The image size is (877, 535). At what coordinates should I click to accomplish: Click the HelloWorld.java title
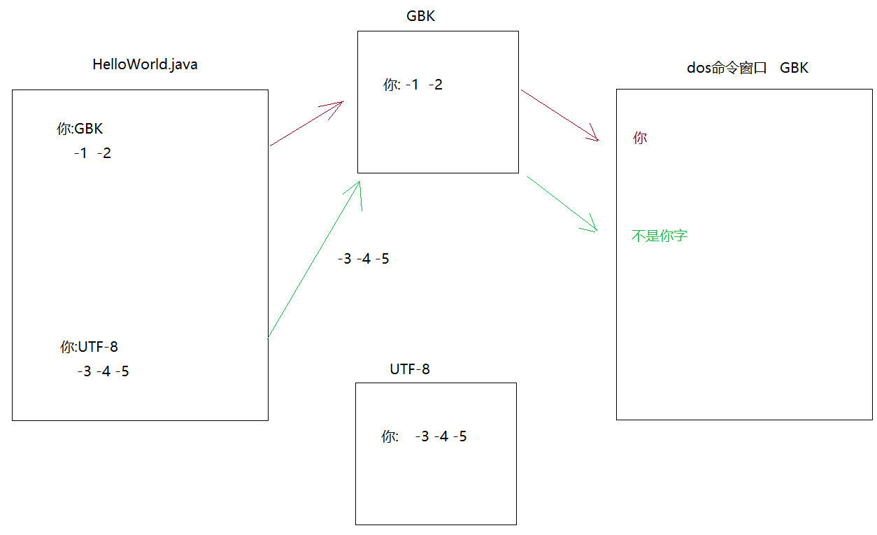coord(145,64)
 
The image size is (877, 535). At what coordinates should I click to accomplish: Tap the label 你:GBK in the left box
coord(80,129)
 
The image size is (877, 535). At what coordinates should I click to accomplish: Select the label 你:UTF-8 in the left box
coord(89,346)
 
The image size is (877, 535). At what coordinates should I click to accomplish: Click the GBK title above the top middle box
coord(420,16)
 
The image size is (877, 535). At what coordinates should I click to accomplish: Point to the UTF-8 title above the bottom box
coord(410,369)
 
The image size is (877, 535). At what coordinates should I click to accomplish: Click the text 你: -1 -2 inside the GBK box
coord(413,85)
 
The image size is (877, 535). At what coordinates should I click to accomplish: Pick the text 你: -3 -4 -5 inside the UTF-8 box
coord(424,437)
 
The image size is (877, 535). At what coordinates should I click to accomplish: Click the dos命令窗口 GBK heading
coord(748,68)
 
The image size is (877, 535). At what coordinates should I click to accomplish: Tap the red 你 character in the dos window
coord(639,138)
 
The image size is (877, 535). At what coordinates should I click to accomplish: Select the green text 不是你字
coord(659,236)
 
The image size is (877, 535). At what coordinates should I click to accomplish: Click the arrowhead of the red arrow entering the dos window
coord(594,136)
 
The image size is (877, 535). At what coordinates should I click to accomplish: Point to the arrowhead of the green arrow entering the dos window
coord(592,226)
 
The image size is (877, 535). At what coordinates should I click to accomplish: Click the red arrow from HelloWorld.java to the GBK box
coord(306,124)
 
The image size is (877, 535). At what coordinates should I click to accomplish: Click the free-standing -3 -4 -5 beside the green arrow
coord(363,259)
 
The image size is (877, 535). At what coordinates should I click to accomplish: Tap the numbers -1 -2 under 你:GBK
coord(92,153)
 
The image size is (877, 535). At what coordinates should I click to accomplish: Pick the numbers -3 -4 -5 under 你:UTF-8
coord(103,371)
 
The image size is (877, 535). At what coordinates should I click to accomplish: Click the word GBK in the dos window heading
coord(794,68)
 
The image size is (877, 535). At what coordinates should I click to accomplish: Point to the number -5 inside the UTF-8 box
coord(459,437)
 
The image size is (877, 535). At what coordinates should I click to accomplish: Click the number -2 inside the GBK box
coord(435,85)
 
